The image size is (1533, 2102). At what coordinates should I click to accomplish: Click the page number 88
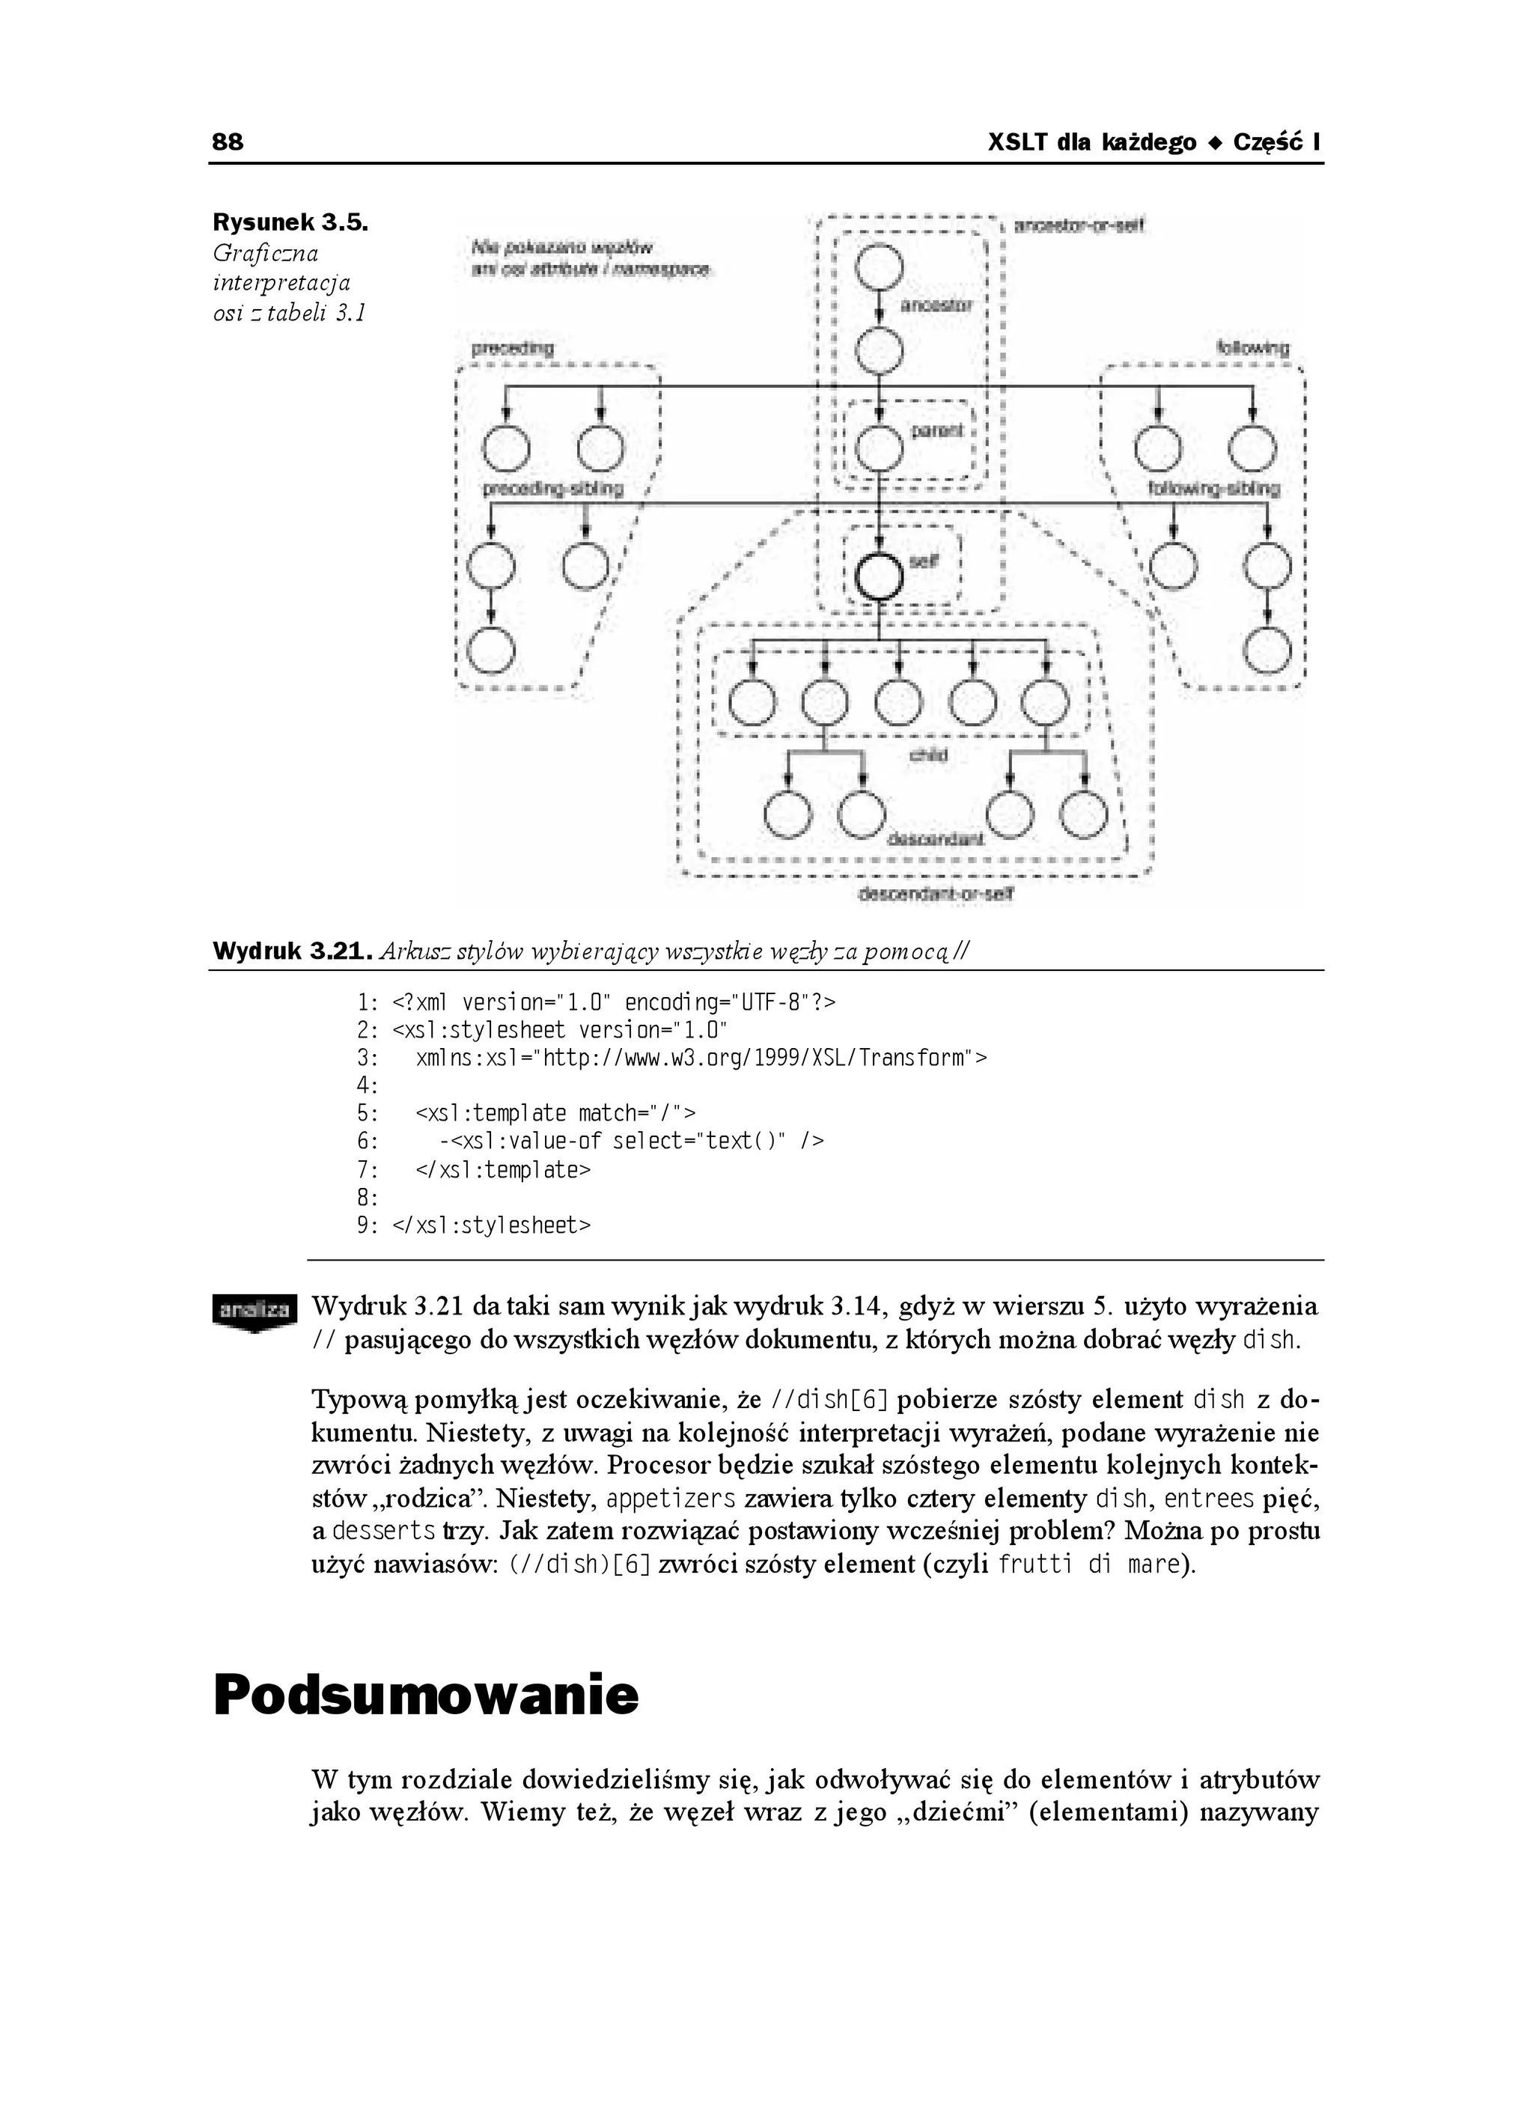(228, 142)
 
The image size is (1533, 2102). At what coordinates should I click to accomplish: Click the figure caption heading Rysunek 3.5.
(290, 223)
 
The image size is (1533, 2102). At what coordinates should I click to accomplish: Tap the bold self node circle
(878, 576)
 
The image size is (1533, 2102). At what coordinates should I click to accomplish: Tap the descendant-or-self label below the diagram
(936, 895)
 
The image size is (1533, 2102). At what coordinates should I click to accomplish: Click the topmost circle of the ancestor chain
(879, 264)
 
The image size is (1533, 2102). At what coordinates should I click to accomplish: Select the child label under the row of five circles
(928, 755)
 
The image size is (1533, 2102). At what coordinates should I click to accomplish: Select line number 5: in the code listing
(368, 1112)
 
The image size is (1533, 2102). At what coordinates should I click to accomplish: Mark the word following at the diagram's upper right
(1253, 348)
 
